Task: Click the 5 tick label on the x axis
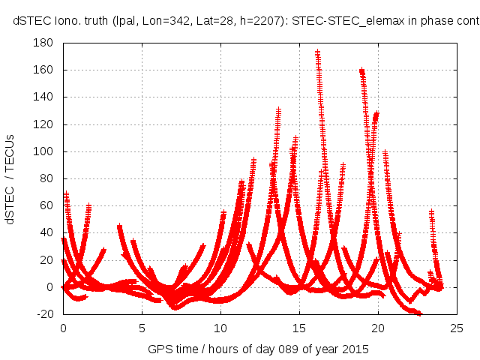pyautogui.click(x=142, y=328)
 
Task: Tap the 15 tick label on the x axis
pyautogui.click(x=299, y=328)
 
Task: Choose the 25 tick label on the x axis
pyautogui.click(x=457, y=328)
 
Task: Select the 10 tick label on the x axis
pyautogui.click(x=220, y=328)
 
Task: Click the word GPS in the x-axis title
pyautogui.click(x=160, y=348)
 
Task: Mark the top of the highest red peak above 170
pyautogui.click(x=317, y=52)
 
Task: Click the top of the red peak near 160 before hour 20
pyautogui.click(x=361, y=70)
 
